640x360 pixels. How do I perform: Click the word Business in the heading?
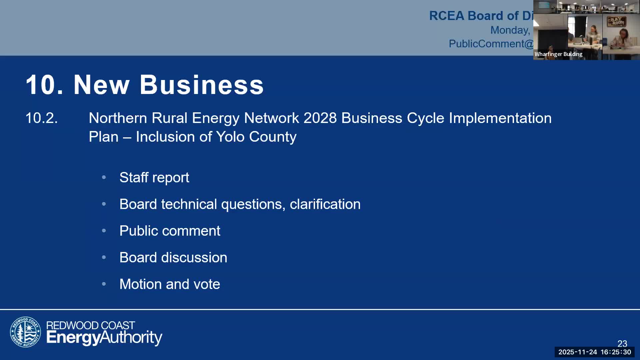(x=202, y=85)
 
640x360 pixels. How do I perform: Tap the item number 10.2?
(x=42, y=118)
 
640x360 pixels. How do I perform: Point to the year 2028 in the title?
(x=320, y=118)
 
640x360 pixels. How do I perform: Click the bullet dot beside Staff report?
(x=104, y=177)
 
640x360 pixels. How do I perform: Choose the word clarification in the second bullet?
(x=325, y=204)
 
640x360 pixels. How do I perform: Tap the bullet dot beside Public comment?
(x=104, y=231)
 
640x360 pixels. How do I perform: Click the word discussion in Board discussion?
(x=194, y=257)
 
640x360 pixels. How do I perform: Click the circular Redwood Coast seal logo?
(x=25, y=332)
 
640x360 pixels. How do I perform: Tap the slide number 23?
(x=622, y=343)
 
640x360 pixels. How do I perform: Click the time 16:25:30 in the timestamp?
(x=616, y=352)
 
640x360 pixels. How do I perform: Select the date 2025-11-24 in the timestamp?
(x=578, y=352)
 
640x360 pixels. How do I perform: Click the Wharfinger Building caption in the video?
(x=558, y=54)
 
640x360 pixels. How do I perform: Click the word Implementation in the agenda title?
(x=500, y=118)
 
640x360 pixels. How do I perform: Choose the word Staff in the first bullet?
(x=134, y=177)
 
